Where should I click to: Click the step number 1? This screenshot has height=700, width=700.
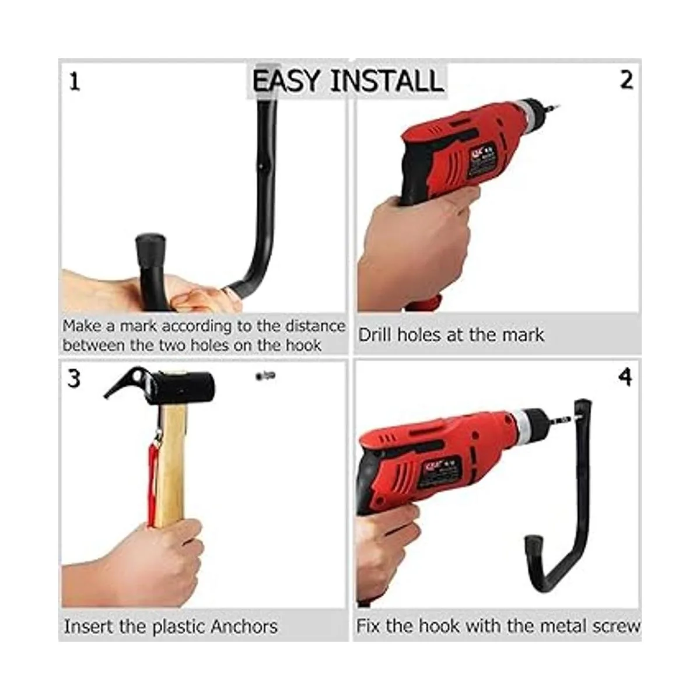coord(75,81)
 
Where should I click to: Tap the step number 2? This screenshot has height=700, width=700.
coord(626,80)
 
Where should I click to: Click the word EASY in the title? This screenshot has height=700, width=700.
coord(286,80)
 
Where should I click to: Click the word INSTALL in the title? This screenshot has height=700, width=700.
coord(387,80)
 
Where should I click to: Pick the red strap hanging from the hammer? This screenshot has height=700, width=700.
coord(153,480)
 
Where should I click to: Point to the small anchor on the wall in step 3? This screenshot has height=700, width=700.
coord(265,376)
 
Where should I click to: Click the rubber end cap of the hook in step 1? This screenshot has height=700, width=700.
coord(150,251)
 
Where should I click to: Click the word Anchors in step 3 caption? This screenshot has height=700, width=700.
coord(244,626)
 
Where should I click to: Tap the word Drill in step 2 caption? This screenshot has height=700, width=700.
coord(375,335)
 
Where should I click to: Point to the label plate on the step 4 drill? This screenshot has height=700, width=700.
coord(440,468)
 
